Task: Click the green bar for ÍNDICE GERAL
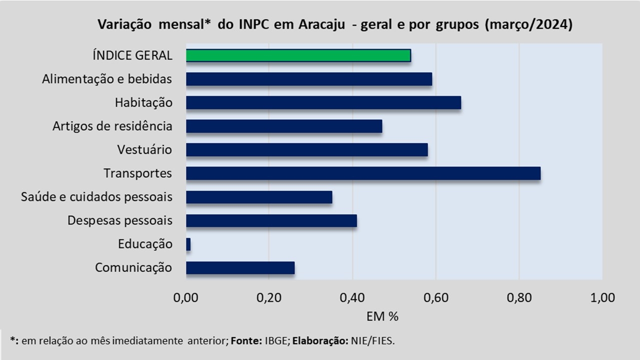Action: [298, 55]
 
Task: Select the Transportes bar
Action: [363, 173]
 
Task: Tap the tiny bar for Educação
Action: [188, 244]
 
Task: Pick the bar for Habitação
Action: [323, 103]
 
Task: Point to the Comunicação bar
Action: [240, 268]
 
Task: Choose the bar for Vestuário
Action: [306, 150]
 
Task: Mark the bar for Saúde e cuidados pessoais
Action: [259, 197]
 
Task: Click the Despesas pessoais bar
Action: [271, 221]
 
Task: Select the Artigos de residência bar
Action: [284, 126]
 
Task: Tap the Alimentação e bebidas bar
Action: [309, 79]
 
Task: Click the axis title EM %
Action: [382, 316]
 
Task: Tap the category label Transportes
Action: [137, 173]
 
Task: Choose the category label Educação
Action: [145, 244]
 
